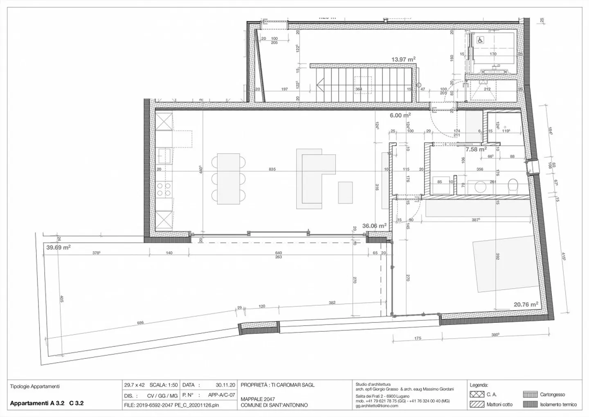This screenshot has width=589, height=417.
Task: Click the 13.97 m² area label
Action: (x=403, y=59)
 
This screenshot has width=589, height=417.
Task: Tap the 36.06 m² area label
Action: (x=374, y=226)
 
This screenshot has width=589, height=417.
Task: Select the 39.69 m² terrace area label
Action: (x=58, y=247)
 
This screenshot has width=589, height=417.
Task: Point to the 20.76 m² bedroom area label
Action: (x=526, y=304)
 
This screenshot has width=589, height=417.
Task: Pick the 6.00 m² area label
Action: (x=400, y=116)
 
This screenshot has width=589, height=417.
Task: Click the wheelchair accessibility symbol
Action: (x=481, y=40)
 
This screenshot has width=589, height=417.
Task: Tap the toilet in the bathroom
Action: (x=513, y=187)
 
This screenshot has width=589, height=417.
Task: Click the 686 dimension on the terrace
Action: (x=140, y=323)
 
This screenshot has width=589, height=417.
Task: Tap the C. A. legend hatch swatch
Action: (x=477, y=394)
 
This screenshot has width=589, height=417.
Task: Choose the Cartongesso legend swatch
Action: (x=530, y=394)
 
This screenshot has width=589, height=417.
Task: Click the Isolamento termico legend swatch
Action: (x=530, y=404)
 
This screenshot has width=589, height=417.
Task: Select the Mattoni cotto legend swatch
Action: (x=477, y=404)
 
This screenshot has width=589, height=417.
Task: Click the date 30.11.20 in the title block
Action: (x=225, y=385)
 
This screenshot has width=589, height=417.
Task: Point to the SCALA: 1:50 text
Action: (x=164, y=385)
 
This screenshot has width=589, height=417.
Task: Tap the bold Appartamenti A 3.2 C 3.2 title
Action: (x=47, y=403)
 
